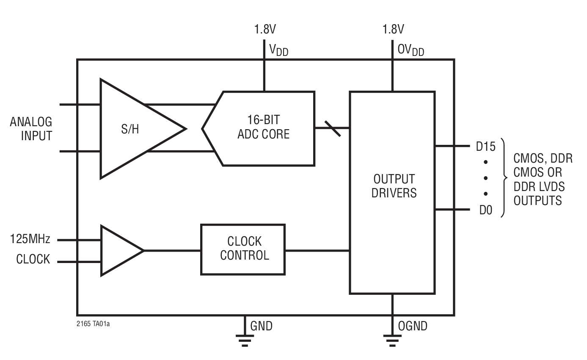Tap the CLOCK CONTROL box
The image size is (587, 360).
(243, 249)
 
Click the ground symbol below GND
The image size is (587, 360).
(245, 339)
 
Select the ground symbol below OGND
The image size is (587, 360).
(392, 339)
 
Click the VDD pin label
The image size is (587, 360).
(279, 50)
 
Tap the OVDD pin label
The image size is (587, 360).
(410, 50)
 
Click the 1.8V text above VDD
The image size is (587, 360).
(265, 29)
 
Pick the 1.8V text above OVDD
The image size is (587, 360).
(393, 29)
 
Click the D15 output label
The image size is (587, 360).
(485, 147)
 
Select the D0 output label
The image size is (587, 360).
(486, 210)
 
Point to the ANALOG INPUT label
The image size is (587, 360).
(31, 129)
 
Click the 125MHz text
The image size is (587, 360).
(30, 239)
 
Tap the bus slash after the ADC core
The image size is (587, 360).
(332, 128)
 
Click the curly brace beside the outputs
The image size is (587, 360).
(503, 178)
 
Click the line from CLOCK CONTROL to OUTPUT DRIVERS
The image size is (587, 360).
(317, 251)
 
